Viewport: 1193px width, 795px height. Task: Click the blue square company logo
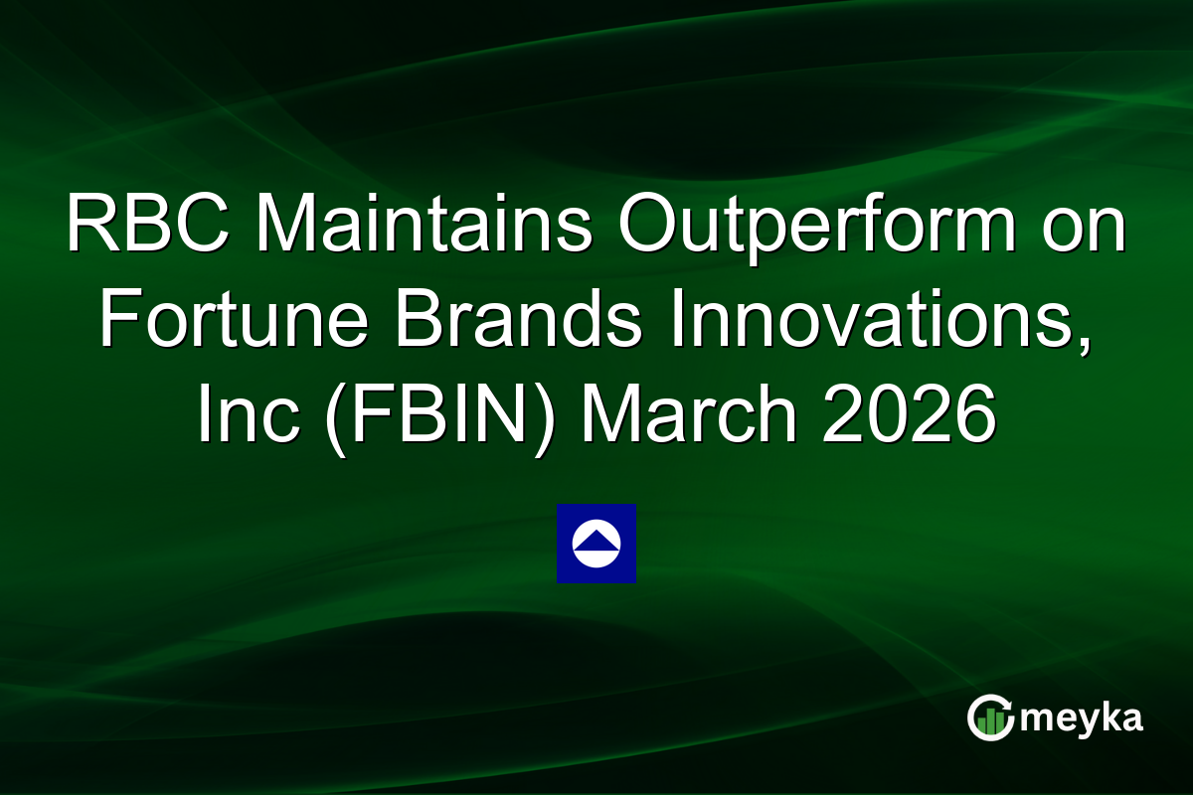coord(596,544)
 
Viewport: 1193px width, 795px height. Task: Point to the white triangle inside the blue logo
coord(596,539)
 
